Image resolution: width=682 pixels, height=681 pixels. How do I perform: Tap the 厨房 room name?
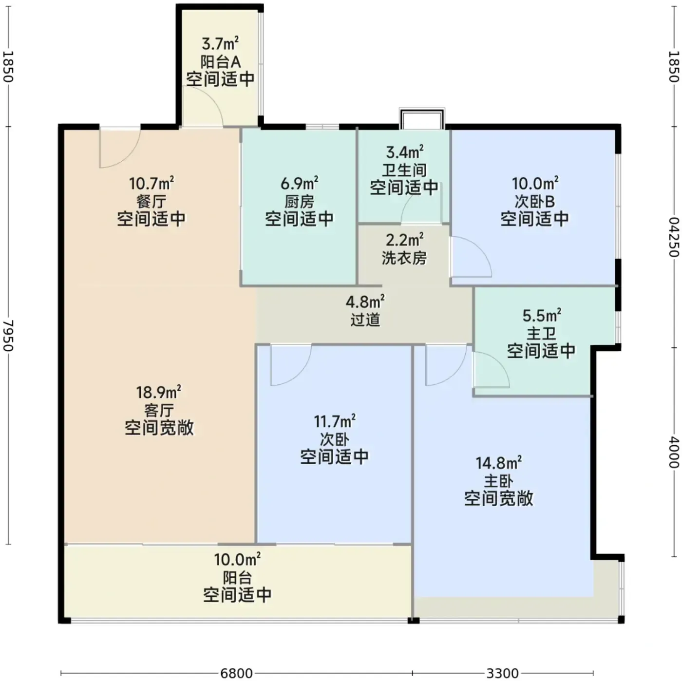[x=299, y=202]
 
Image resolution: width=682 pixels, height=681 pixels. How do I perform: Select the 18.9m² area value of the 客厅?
[x=159, y=392]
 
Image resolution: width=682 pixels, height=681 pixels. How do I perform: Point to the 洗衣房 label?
[x=404, y=258]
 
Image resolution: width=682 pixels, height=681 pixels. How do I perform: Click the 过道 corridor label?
[x=365, y=320]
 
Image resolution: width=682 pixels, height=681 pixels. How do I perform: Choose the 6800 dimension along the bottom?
[x=236, y=673]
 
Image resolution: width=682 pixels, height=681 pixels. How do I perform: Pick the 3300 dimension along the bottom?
[x=503, y=673]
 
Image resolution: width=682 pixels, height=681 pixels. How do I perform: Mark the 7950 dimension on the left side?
[x=8, y=336]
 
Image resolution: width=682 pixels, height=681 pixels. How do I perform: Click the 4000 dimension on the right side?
[x=674, y=453]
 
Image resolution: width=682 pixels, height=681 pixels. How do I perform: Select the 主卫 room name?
[x=542, y=333]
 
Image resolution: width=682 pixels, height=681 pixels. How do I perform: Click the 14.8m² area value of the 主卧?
[x=498, y=463]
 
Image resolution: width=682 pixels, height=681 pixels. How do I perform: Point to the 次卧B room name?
[x=534, y=202]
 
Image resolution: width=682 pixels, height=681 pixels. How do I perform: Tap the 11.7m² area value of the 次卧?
[x=335, y=421]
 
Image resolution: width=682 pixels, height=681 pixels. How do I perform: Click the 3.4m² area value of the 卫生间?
[x=404, y=152]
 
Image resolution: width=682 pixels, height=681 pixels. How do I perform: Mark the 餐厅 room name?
[x=151, y=202]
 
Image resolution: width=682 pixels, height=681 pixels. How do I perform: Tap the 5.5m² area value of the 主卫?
[x=542, y=315]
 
